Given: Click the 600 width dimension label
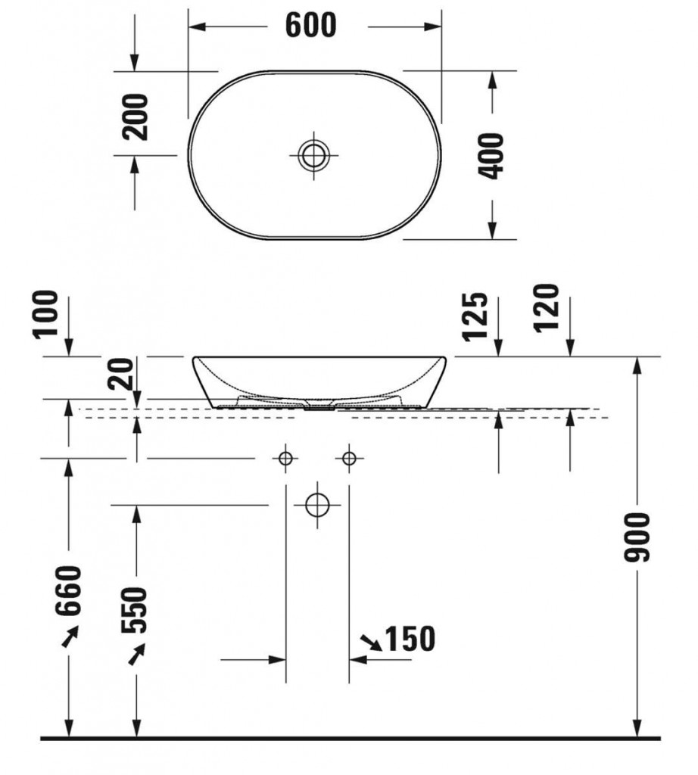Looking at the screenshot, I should (x=311, y=26).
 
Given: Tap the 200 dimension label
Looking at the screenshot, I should (x=136, y=117).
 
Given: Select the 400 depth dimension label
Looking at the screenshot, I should (x=493, y=155).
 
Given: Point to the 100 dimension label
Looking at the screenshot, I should (x=46, y=313).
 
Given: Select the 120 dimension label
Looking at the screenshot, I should (x=547, y=308).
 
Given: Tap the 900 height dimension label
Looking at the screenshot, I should (x=637, y=536).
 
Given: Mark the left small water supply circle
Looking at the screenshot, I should (x=285, y=458).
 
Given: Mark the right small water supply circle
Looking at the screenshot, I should (x=348, y=458).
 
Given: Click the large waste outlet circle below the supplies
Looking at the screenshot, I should (x=317, y=504).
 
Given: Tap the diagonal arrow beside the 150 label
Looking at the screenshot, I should (x=372, y=643).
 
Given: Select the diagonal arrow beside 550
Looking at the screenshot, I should (x=136, y=654).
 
